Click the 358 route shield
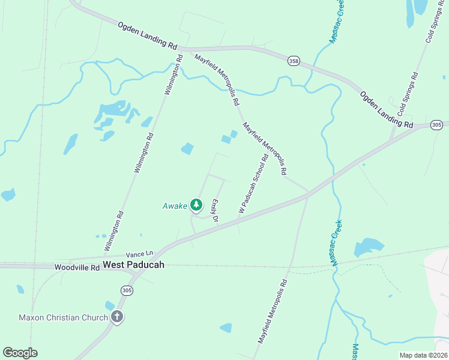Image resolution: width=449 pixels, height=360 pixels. click(294, 61)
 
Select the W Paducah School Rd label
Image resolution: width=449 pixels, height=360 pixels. click(253, 184)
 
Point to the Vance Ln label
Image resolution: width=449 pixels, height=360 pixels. click(140, 254)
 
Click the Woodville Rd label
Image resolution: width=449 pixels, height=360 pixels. click(77, 267)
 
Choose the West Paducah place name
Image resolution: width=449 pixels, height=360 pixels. click(133, 265)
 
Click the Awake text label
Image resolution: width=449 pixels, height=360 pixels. click(175, 206)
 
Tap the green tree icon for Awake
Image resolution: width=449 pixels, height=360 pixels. click(196, 205)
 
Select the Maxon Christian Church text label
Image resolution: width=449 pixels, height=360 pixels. click(63, 317)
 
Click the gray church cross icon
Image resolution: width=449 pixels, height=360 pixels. click(117, 317)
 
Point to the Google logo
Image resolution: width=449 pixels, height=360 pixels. click(20, 352)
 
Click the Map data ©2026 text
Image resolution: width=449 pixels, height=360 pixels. click(423, 355)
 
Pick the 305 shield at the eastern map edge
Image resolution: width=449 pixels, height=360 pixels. click(436, 125)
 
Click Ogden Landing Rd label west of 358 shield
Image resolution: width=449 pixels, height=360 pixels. click(148, 37)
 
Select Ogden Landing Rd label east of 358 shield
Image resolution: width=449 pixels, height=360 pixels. click(387, 109)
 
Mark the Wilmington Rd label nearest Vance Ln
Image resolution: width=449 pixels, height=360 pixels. click(113, 231)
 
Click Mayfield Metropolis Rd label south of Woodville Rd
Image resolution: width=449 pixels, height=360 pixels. click(274, 311)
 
